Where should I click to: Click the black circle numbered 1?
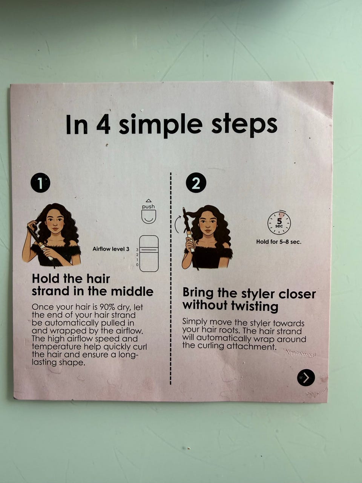40,183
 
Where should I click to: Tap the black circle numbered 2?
196,183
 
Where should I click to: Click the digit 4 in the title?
103,124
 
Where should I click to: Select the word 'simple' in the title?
161,125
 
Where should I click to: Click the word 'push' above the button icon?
148,207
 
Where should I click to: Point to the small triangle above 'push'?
149,200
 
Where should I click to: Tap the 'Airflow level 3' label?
111,249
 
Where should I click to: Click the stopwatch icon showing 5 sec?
279,223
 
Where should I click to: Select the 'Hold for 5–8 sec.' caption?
279,241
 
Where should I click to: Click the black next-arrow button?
306,378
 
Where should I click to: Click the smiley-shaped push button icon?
149,217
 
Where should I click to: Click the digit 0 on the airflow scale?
137,265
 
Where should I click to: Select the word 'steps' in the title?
244,125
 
